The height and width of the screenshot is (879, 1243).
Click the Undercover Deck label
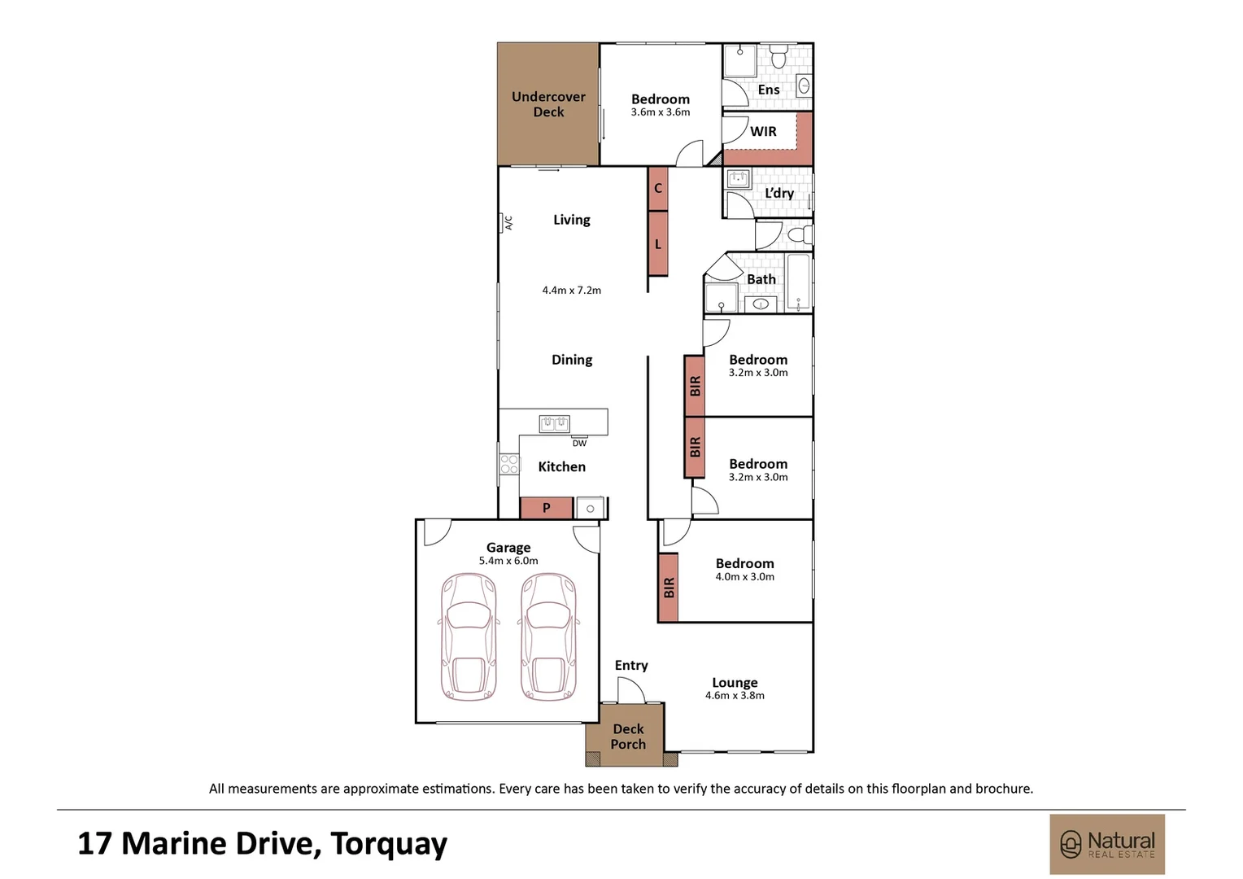[x=548, y=104]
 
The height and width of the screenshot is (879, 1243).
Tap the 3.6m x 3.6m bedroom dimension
[x=661, y=112]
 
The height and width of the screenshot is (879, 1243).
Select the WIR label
[x=763, y=132]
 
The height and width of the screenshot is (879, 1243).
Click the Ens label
[x=769, y=90]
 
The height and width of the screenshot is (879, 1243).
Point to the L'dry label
[x=779, y=193]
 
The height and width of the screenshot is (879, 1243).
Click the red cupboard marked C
[x=658, y=189]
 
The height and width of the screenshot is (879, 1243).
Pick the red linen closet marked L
[x=658, y=244]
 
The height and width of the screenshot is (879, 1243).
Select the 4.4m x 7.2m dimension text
[x=572, y=290]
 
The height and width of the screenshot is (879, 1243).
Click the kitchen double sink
[x=554, y=424]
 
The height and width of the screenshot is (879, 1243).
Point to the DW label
[x=579, y=443]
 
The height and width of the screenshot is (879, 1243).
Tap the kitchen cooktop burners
[x=509, y=464]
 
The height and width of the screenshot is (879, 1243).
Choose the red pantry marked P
[x=547, y=508]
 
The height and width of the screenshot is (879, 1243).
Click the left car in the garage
[x=469, y=636]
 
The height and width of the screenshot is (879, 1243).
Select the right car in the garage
[x=548, y=636]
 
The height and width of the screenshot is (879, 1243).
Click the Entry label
[x=631, y=665]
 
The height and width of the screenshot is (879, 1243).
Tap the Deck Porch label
[x=628, y=737]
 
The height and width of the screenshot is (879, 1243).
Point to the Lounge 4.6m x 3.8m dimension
[x=735, y=696]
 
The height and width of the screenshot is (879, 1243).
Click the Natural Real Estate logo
[x=1107, y=845]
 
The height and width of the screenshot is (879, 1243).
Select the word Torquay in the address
[x=389, y=844]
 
